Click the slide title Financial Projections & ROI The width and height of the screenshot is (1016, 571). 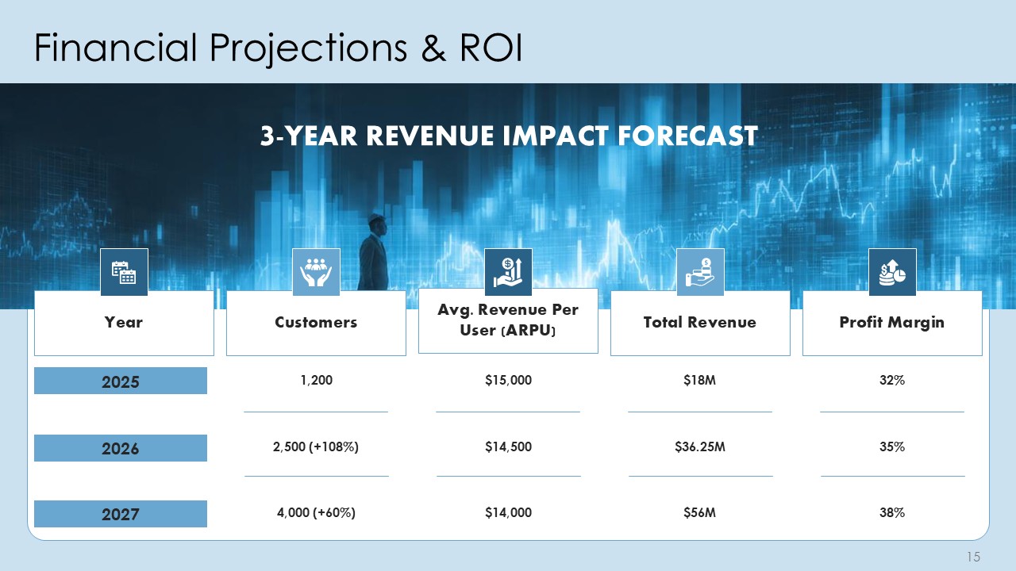tap(278, 49)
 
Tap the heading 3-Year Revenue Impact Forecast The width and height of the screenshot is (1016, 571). tap(508, 136)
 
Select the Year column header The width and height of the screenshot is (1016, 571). tap(124, 323)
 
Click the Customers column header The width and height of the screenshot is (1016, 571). tap(316, 323)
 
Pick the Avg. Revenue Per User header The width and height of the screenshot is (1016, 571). tap(508, 320)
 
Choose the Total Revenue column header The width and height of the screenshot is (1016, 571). tap(699, 323)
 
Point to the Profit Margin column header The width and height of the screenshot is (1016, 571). tap(892, 323)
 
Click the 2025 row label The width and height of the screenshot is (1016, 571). tap(121, 381)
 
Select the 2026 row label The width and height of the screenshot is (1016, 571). tap(121, 448)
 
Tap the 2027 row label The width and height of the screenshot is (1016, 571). tap(121, 514)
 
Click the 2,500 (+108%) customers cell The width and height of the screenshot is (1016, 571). tap(316, 447)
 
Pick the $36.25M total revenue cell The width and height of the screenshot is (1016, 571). tap(699, 447)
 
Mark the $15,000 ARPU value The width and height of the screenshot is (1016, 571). tap(508, 381)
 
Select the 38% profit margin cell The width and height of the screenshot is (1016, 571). tap(892, 512)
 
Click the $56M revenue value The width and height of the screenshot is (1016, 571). tap(699, 512)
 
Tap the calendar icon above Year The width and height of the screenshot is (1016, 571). tap(124, 272)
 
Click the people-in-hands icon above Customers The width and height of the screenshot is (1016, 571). tap(316, 272)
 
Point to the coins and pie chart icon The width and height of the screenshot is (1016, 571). tap(892, 272)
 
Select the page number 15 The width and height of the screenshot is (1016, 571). tap(974, 557)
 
